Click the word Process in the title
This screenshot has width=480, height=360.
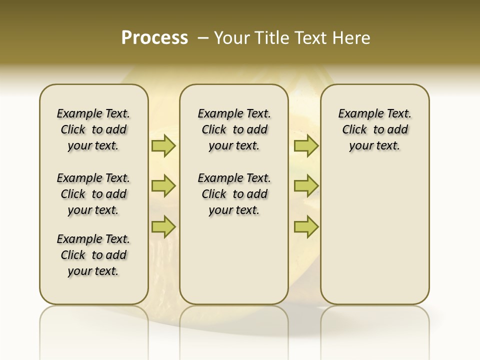point(154,38)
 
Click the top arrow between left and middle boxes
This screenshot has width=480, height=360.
point(163,145)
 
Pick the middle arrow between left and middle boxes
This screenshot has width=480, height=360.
point(163,186)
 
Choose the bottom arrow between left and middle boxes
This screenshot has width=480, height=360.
point(163,226)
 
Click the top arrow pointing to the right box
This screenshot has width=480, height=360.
point(306,145)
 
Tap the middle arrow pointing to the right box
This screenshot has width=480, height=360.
point(306,186)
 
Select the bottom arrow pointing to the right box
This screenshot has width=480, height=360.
point(306,226)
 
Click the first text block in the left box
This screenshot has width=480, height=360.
point(93,129)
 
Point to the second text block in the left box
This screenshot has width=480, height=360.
point(93,194)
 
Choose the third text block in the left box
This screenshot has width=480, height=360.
point(93,255)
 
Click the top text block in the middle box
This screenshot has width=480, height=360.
point(234,129)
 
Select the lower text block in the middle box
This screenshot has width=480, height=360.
point(234,194)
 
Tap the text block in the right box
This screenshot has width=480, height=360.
point(374,129)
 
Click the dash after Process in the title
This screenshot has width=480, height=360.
point(203,38)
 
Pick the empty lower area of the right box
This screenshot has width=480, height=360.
point(374,235)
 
